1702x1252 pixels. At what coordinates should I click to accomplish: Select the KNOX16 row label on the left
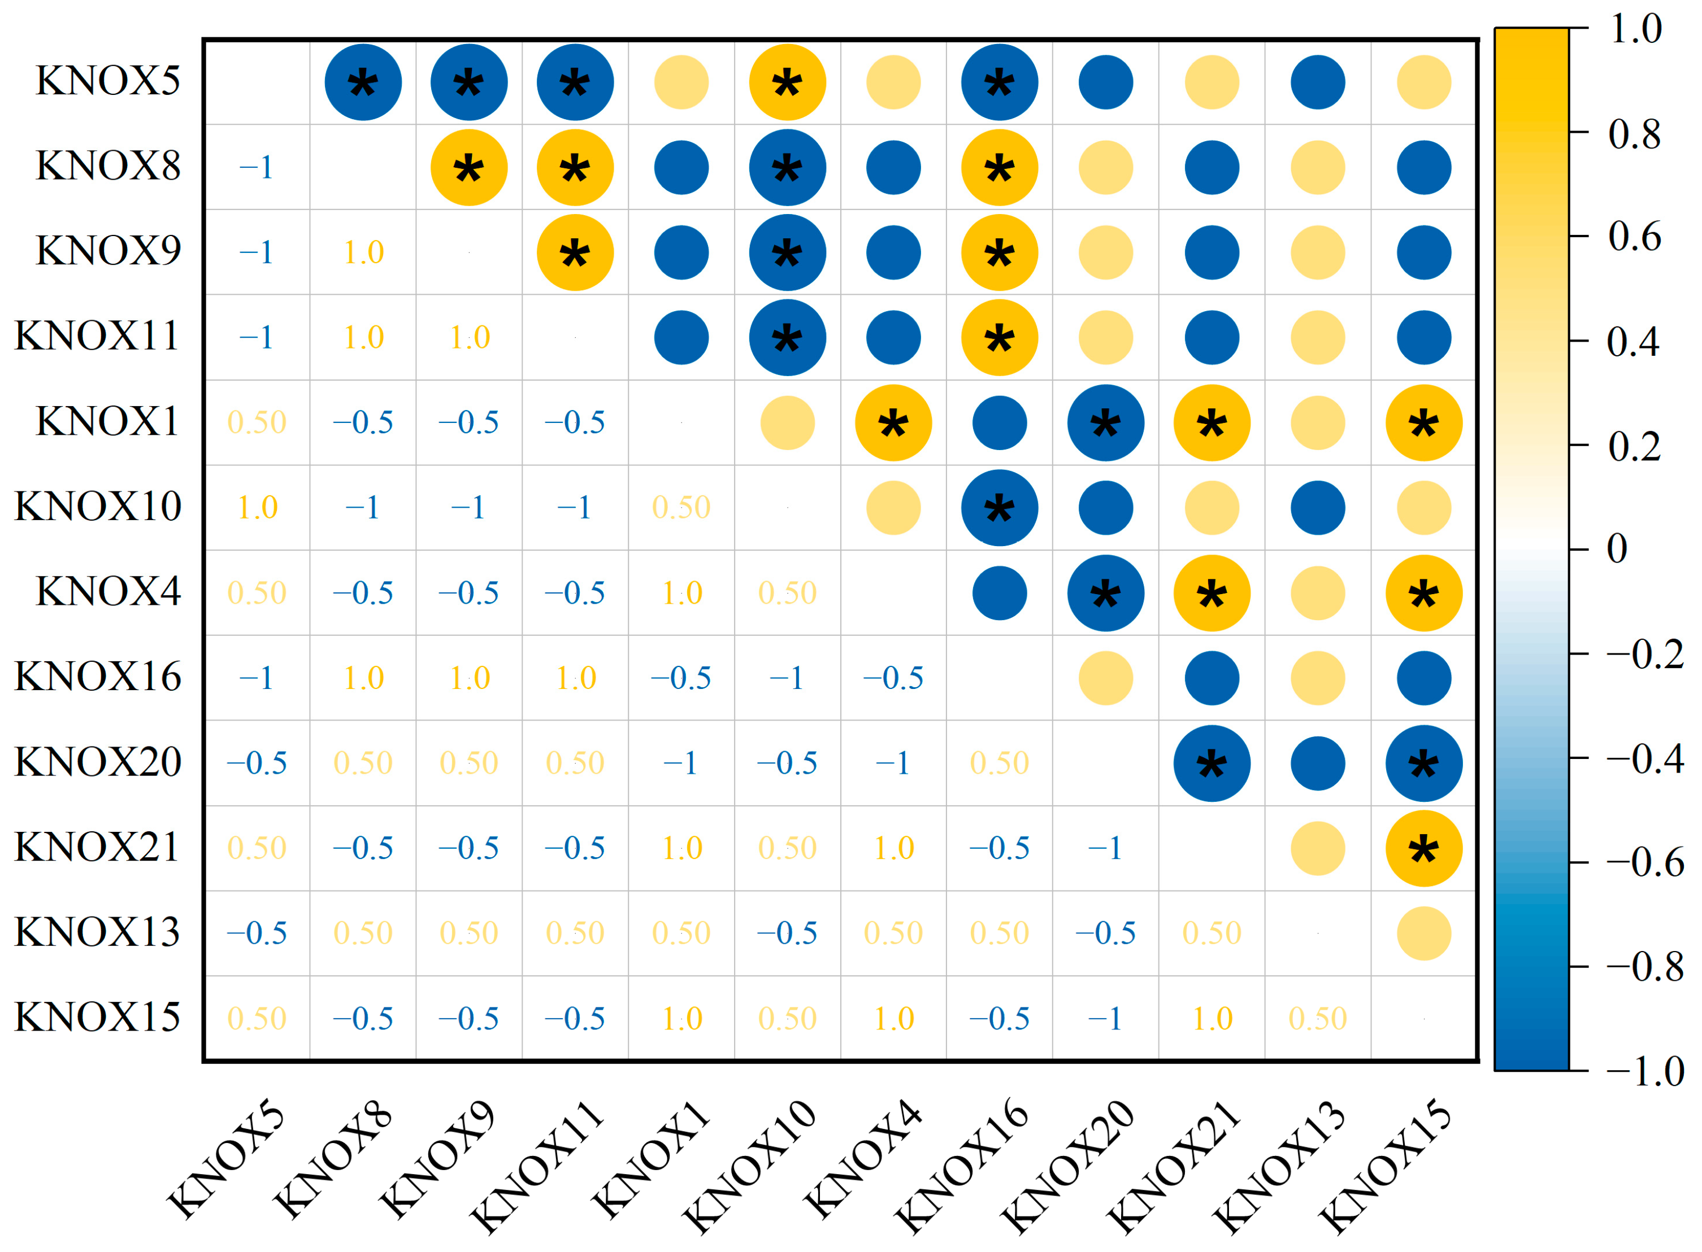coord(98,676)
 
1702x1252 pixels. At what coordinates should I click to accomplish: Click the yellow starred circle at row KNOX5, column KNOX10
coord(787,82)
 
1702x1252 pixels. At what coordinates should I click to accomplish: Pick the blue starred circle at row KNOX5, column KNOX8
coord(363,82)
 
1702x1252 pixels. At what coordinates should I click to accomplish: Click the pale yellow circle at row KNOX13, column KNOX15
coord(1424,933)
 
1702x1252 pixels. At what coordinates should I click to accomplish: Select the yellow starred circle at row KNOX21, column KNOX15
coord(1424,848)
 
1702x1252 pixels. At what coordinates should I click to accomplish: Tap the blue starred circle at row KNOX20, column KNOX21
coord(1212,763)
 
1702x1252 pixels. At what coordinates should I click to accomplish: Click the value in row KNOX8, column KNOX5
coord(256,167)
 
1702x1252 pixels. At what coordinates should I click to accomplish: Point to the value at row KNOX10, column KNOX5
coord(256,507)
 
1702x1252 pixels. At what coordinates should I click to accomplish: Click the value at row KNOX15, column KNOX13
coord(1318,1019)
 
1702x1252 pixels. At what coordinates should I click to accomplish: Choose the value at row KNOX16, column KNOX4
coord(893,678)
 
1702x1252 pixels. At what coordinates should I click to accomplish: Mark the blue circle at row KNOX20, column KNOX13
coord(1318,763)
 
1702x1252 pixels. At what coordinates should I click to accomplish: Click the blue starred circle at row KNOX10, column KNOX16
coord(999,508)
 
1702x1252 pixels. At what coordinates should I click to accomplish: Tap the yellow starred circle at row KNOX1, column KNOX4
coord(893,422)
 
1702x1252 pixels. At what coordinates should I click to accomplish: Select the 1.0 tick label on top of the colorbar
coord(1635,29)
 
